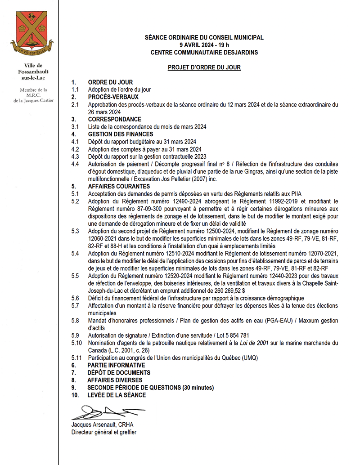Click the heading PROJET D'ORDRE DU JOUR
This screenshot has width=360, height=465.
(x=204, y=67)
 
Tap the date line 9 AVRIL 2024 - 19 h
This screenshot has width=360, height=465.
(x=204, y=45)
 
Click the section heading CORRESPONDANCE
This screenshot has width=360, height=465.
(x=114, y=120)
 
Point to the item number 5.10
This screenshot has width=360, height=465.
(x=77, y=343)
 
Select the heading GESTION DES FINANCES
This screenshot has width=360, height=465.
(x=121, y=134)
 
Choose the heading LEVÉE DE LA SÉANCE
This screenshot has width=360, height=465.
(x=117, y=395)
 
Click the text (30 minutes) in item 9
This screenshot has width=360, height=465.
(x=198, y=388)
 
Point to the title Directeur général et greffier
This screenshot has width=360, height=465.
(x=103, y=432)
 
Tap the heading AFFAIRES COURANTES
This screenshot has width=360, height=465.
(x=119, y=186)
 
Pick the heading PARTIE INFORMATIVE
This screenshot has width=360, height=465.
(x=116, y=365)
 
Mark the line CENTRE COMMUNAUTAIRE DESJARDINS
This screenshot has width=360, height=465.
(x=204, y=52)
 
